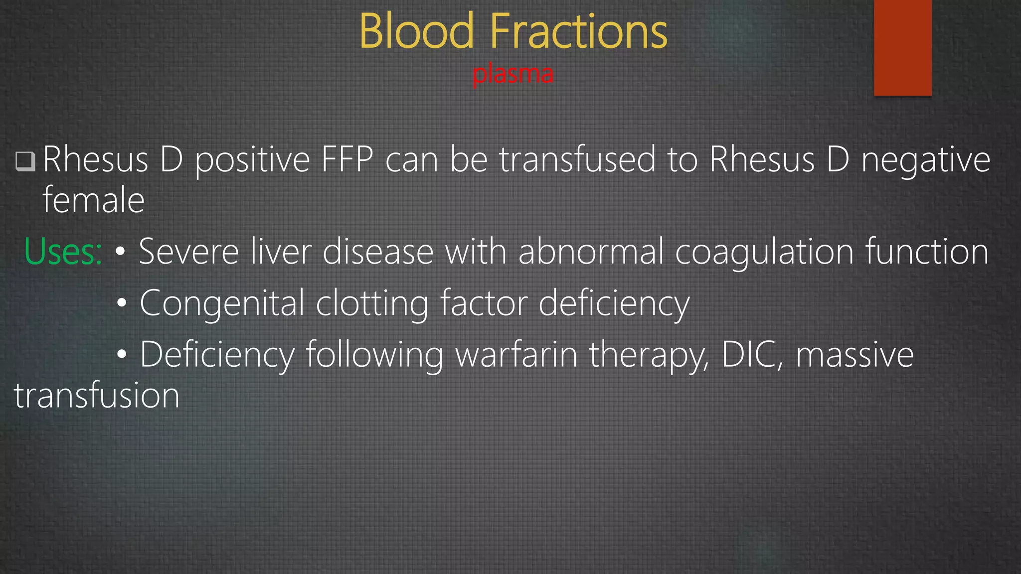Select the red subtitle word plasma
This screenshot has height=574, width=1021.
(x=512, y=74)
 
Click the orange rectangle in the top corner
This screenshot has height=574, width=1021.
(x=902, y=47)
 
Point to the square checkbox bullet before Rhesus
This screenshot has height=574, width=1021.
(x=25, y=161)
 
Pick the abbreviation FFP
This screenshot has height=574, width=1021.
(x=347, y=159)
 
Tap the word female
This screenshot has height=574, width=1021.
(x=93, y=200)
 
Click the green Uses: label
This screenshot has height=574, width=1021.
(x=63, y=252)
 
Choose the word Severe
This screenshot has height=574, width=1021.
(x=188, y=252)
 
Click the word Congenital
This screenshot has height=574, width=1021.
(x=222, y=303)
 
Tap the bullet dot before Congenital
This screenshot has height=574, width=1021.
(x=122, y=303)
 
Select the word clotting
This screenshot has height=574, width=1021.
(x=372, y=303)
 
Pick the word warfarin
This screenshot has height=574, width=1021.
(x=516, y=354)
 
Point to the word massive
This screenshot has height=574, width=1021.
(x=854, y=354)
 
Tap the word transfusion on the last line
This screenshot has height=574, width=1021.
(x=97, y=396)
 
